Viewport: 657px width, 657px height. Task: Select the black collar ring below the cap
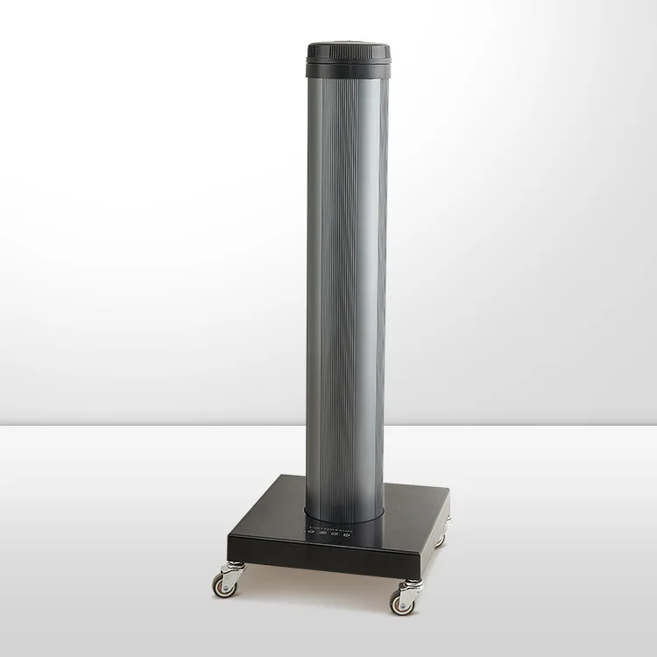349,67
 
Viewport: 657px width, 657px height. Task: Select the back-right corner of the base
449,496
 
